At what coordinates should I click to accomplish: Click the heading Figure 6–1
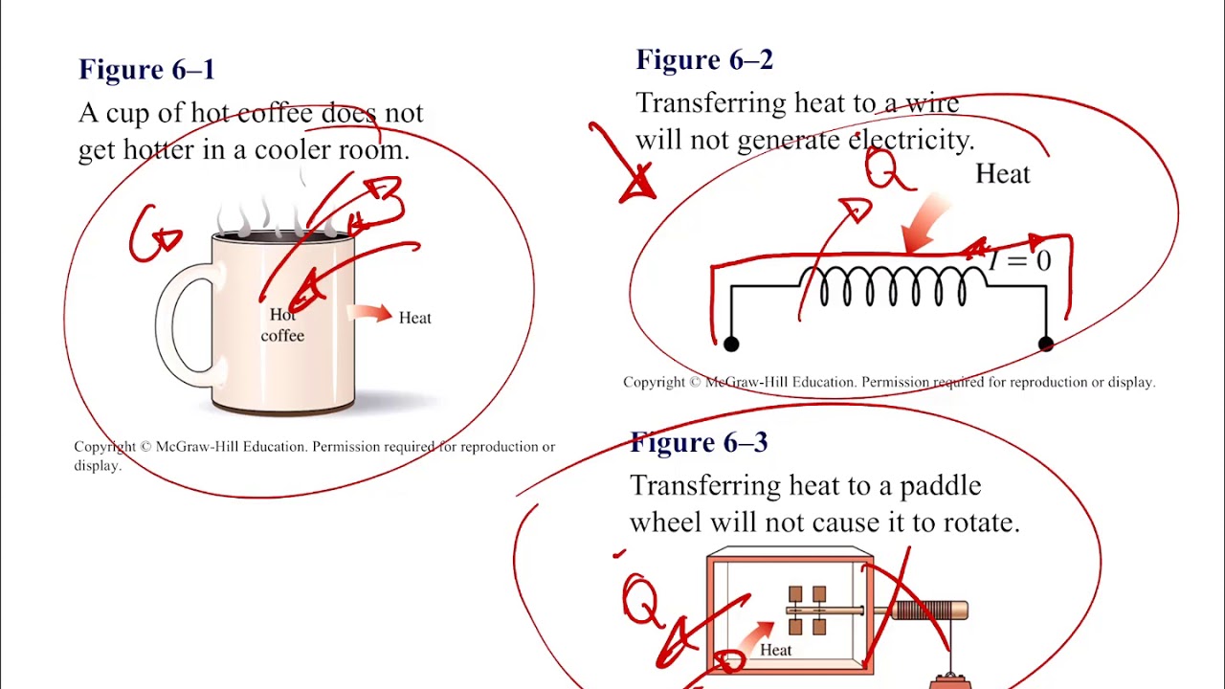click(146, 70)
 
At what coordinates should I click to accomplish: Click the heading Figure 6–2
click(704, 60)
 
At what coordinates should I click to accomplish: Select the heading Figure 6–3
click(699, 443)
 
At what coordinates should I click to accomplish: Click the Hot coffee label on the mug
click(282, 325)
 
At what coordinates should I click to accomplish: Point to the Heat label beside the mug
click(414, 318)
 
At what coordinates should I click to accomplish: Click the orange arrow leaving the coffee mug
click(369, 313)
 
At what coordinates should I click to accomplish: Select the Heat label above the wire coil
click(1002, 174)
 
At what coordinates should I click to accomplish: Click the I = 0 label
click(1020, 260)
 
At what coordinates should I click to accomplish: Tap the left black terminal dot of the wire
click(731, 344)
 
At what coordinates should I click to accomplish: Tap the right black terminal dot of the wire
click(1046, 344)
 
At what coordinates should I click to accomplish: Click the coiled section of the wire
click(893, 285)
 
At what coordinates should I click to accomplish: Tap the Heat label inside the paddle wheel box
click(775, 651)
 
